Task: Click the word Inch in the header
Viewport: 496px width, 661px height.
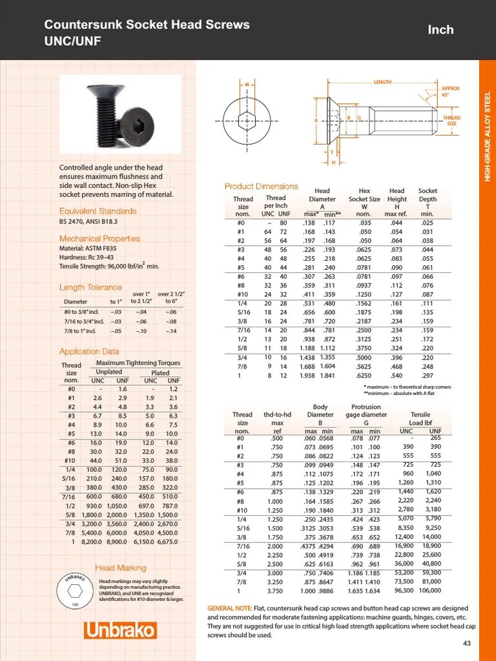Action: [x=440, y=30]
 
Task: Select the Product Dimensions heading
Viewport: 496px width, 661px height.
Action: [x=261, y=187]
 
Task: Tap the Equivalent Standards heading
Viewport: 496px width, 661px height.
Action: [x=98, y=211]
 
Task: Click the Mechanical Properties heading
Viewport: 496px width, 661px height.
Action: [x=99, y=239]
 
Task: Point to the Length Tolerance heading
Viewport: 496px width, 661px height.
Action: [x=90, y=287]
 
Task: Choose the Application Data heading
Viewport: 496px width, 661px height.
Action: [x=89, y=352]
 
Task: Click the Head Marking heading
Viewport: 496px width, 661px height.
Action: [x=121, y=568]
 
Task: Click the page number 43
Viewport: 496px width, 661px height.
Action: [x=468, y=643]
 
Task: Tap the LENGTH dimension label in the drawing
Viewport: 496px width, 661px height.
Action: [x=382, y=83]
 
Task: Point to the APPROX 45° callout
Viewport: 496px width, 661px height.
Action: [x=450, y=92]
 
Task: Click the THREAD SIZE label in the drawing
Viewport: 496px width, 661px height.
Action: [x=451, y=121]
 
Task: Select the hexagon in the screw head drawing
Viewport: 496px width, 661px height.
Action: [x=246, y=120]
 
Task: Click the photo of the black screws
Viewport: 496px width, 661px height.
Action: [x=120, y=116]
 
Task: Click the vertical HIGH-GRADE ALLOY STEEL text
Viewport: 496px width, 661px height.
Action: [x=488, y=136]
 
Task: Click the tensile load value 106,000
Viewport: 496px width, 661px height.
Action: [x=430, y=590]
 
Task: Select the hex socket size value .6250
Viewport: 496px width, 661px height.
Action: [x=364, y=376]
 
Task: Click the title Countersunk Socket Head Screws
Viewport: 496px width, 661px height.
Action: [x=147, y=25]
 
